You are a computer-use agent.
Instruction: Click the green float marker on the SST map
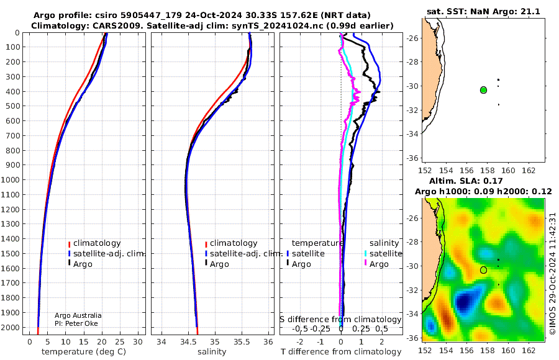(483, 90)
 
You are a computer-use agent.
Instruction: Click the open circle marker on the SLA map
(483, 270)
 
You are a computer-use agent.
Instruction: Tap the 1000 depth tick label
(11, 179)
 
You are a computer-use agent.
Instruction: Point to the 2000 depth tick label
(11, 327)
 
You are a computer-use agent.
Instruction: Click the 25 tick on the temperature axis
(120, 342)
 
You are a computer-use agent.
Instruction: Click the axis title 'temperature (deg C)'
(84, 352)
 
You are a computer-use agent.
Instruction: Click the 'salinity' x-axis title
(212, 352)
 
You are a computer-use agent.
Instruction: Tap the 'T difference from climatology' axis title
(341, 352)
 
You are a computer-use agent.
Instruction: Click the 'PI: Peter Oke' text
(76, 323)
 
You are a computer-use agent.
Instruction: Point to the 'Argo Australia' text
(78, 315)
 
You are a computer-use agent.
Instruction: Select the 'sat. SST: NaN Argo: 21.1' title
(483, 11)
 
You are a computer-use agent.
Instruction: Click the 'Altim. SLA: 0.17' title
(466, 181)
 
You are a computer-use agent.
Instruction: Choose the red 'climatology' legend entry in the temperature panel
(94, 243)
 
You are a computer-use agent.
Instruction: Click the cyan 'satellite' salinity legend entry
(383, 253)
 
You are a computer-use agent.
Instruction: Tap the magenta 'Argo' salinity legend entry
(376, 264)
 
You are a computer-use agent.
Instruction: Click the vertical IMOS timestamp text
(552, 274)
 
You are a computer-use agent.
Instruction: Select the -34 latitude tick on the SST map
(413, 133)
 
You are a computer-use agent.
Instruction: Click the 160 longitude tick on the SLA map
(507, 350)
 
